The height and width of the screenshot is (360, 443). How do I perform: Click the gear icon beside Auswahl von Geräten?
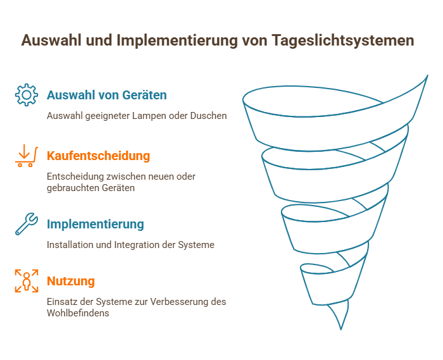[27, 95]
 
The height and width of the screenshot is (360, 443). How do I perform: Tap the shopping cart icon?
[27, 156]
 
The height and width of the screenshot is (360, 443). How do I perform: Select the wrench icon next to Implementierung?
[27, 224]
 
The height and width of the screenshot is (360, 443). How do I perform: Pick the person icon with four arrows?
[27, 281]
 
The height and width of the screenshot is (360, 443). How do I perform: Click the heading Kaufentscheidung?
[98, 156]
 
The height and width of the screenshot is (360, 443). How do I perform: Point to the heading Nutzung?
[71, 281]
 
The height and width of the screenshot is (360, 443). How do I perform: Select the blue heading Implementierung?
[96, 224]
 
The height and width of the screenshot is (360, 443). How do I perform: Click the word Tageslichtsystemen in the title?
[343, 40]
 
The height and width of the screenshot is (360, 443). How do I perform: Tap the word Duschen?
[208, 116]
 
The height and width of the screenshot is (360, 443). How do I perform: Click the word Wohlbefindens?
[78, 313]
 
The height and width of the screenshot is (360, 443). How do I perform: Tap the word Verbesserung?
[180, 302]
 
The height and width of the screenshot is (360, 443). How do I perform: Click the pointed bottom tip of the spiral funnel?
[340, 329]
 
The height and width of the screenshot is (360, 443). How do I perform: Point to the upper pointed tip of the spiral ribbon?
[427, 75]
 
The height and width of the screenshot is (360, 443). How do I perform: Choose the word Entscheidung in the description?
[75, 177]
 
